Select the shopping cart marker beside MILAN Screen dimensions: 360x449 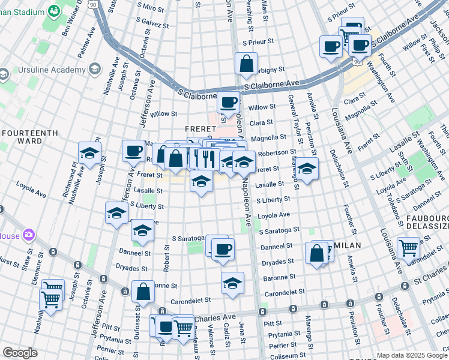point(408,247)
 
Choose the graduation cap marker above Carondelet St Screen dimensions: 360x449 point(232,283)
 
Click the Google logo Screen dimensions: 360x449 point(19,353)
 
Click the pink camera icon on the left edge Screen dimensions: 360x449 point(28,235)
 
